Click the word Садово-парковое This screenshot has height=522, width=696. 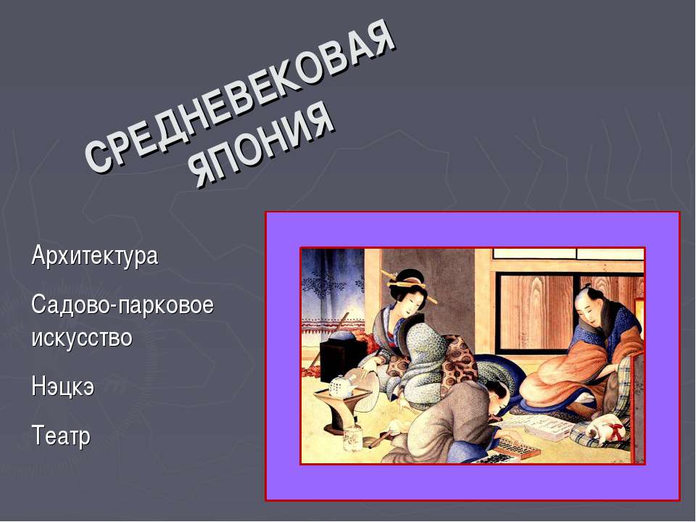[123, 305]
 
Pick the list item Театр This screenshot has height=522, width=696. [62, 436]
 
